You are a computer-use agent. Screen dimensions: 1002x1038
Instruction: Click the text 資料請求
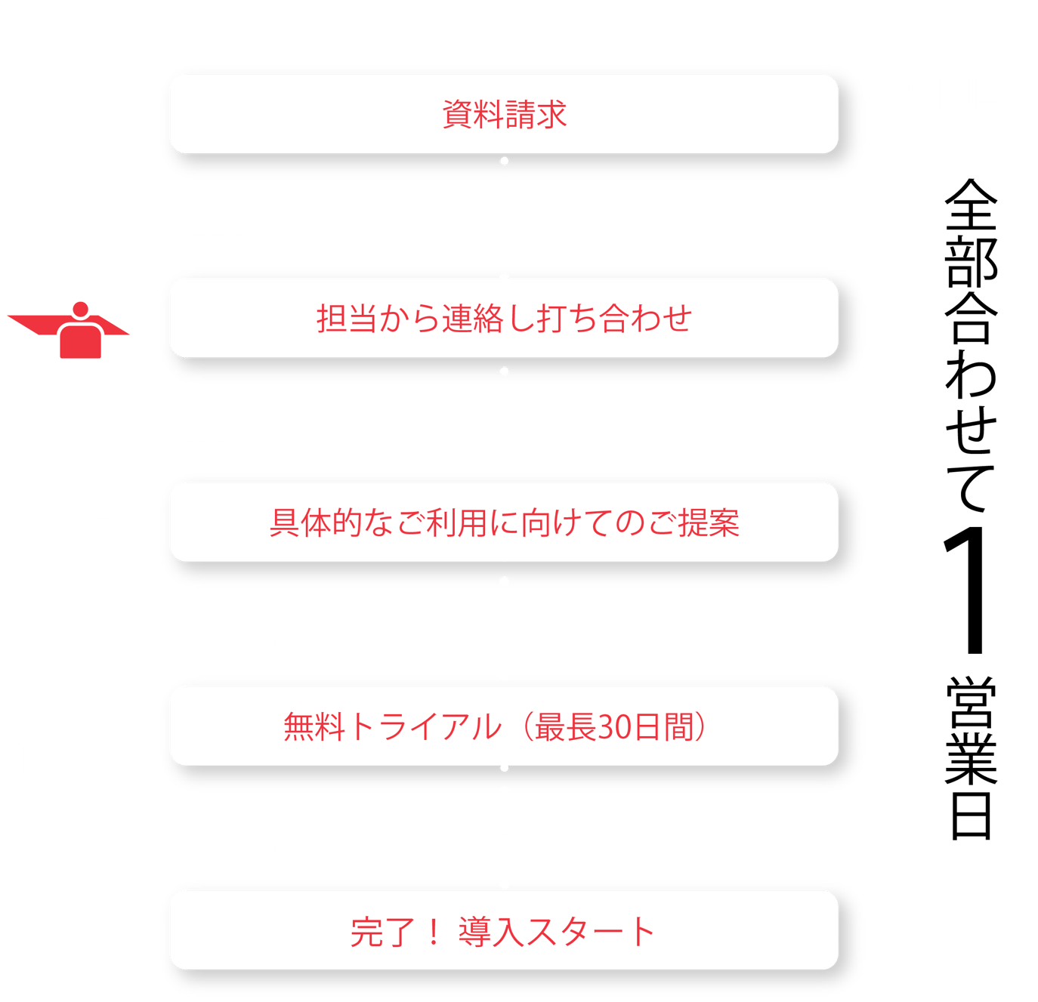[x=504, y=115]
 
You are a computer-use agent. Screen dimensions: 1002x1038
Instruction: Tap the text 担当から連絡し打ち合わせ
[x=504, y=319]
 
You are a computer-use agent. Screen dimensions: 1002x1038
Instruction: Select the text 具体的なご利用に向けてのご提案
[x=504, y=523]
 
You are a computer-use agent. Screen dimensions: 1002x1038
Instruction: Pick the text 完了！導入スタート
[x=502, y=932]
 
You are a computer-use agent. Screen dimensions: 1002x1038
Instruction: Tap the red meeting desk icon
[x=68, y=319]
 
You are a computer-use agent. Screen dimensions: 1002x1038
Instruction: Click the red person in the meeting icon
[x=80, y=332]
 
